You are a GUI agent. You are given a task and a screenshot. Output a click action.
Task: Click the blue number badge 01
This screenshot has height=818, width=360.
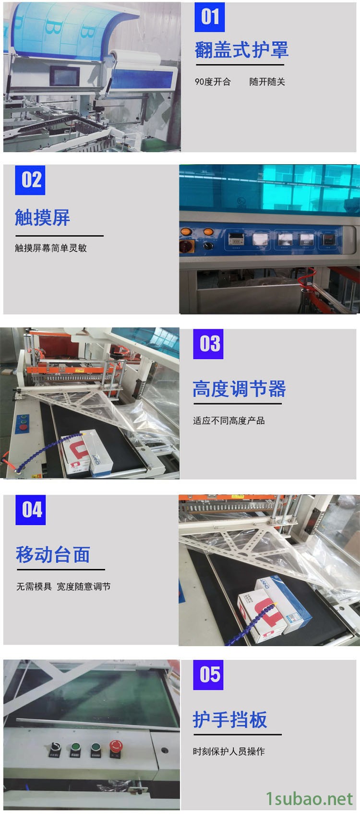click(210, 17)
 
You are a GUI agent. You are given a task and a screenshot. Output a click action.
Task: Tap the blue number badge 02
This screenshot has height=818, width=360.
click(30, 180)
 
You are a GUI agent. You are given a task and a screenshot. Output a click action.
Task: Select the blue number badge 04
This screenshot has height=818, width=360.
click(31, 510)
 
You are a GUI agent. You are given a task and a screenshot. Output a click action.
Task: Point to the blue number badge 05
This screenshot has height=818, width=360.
click(208, 675)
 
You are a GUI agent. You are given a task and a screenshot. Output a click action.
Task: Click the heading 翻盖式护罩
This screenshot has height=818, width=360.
click(241, 50)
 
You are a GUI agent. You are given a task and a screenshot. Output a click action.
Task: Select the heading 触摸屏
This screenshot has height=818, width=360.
click(42, 217)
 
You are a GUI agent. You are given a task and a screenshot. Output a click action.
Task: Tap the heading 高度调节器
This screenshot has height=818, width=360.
click(239, 388)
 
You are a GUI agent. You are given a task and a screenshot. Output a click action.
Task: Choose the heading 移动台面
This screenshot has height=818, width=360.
click(53, 554)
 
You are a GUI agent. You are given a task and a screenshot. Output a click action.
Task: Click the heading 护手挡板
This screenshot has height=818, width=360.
click(230, 720)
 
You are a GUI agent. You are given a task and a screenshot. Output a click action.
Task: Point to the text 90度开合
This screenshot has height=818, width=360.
click(213, 82)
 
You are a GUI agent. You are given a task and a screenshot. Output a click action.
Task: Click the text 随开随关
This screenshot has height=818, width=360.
click(267, 82)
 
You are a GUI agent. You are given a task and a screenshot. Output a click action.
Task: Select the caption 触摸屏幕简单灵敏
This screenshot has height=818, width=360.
click(51, 248)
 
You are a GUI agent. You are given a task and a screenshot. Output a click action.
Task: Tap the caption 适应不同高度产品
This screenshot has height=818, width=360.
click(229, 421)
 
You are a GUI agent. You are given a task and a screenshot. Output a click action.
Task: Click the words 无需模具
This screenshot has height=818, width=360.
click(34, 587)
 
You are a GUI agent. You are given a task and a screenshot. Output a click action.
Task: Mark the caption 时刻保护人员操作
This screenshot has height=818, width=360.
click(229, 752)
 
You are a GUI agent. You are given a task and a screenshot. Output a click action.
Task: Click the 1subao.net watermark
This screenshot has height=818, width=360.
click(309, 799)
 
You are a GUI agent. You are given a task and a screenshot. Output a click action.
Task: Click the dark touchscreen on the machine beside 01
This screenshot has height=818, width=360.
click(65, 76)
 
